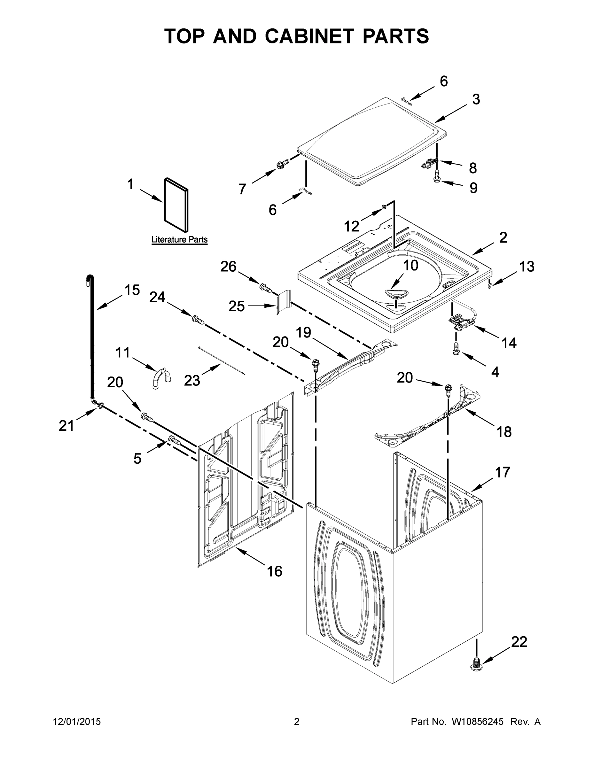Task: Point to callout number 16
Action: (275, 571)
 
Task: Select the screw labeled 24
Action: (198, 320)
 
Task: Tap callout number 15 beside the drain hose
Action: (132, 290)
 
